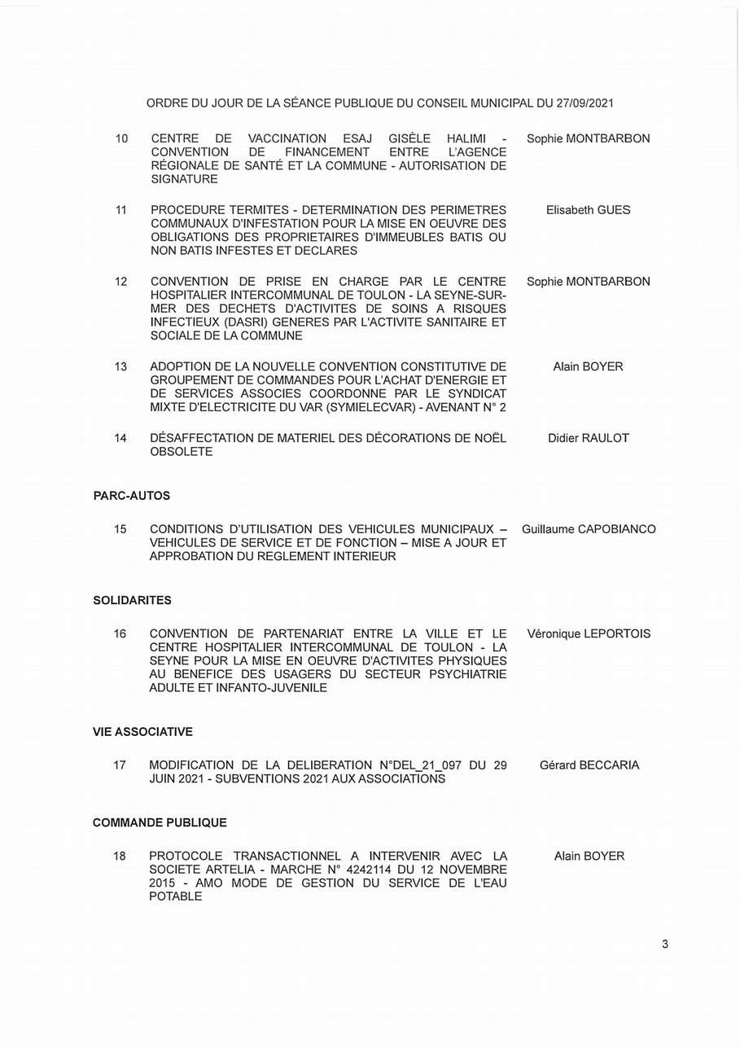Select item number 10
coord(121,138)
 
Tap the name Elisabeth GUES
coord(588,210)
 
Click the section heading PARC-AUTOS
coord(131,496)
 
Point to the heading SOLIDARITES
coord(132,600)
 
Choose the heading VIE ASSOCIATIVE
coord(142,732)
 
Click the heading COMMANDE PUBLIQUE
coord(160,823)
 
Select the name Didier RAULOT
coord(589,438)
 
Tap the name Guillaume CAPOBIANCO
coord(589,529)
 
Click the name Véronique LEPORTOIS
coord(589,633)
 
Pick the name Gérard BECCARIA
coord(589,765)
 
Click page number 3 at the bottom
coord(665,944)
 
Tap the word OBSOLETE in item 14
coord(181,452)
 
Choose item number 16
coord(120,633)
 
